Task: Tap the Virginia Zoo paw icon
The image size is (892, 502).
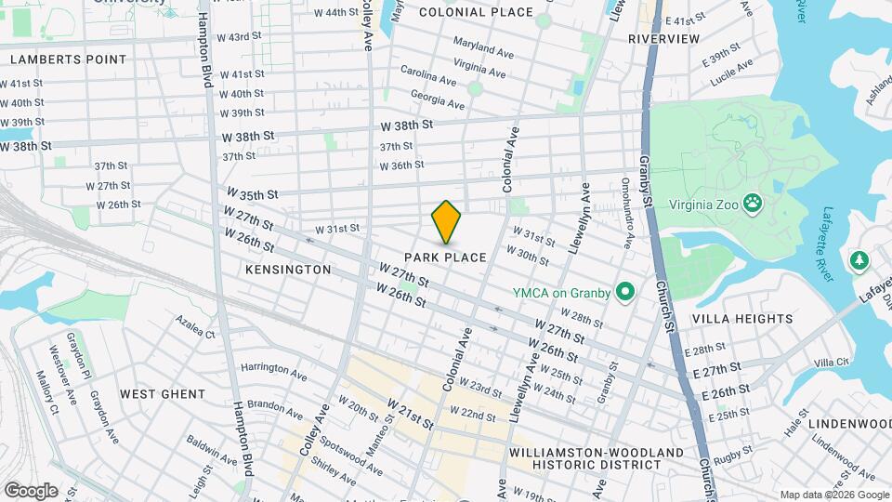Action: [x=754, y=202]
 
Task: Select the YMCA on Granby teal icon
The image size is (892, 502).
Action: [x=625, y=293]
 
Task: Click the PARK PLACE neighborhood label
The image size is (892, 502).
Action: [x=446, y=257]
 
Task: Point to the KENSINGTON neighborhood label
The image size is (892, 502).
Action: [x=288, y=269]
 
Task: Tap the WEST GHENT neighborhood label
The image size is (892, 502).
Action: [x=163, y=394]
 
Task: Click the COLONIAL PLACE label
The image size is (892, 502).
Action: [x=476, y=12]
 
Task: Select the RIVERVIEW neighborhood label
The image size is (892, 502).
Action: [x=663, y=39]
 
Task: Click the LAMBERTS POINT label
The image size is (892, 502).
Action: [x=68, y=59]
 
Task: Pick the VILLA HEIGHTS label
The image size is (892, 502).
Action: [x=742, y=318]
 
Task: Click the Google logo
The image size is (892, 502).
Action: [x=31, y=491]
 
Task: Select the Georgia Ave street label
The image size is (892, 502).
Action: [x=436, y=99]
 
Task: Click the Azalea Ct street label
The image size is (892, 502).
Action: [x=195, y=327]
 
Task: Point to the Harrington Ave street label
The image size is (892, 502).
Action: [x=273, y=373]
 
